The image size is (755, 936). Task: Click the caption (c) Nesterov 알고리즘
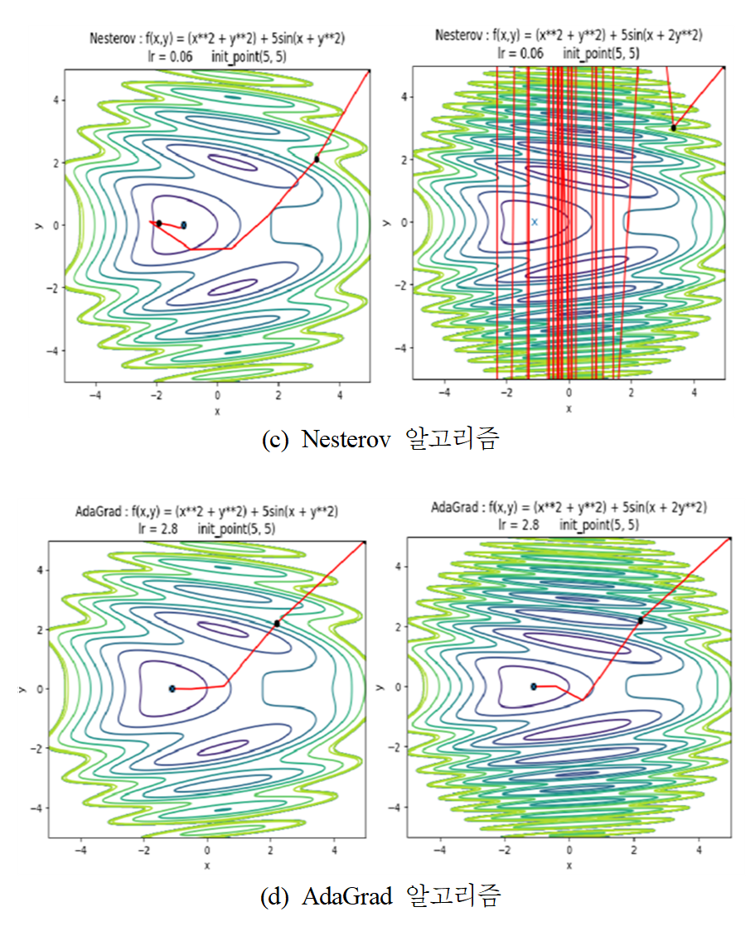[380, 439]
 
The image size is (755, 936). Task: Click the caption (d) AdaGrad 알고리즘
[380, 896]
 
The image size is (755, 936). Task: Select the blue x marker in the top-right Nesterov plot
[535, 222]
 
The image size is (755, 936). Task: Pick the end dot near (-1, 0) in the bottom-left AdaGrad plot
[172, 688]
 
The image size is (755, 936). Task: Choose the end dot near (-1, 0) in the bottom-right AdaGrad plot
[534, 686]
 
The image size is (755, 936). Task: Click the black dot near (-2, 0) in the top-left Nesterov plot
[158, 223]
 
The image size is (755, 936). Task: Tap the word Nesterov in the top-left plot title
[112, 39]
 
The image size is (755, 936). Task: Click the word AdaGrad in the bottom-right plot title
[453, 507]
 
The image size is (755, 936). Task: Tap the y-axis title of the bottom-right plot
[380, 687]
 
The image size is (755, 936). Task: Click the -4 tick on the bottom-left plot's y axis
[38, 808]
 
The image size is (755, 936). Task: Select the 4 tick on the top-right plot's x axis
[695, 392]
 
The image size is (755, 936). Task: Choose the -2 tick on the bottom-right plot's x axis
[504, 850]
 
